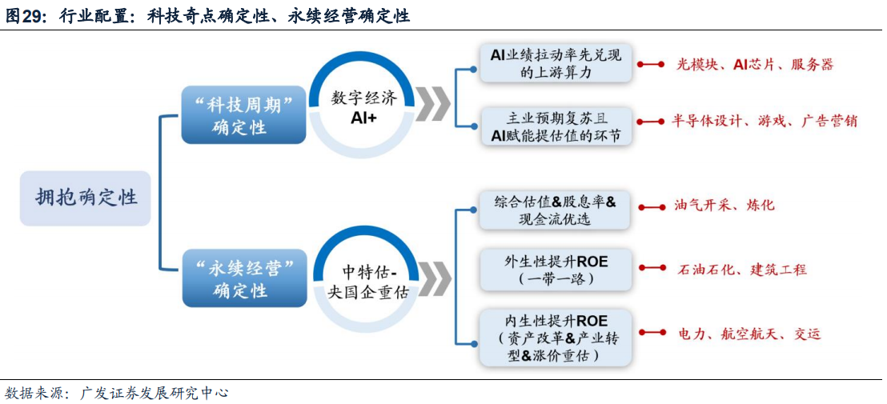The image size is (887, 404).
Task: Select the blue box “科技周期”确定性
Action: click(x=244, y=115)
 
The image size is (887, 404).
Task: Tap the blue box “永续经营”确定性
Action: click(x=244, y=279)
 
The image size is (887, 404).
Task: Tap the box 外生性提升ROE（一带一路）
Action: click(x=555, y=269)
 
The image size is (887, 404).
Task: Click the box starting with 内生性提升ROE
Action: click(x=555, y=338)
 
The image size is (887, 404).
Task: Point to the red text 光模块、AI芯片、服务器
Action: click(x=755, y=65)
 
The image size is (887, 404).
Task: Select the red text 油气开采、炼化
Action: click(x=724, y=205)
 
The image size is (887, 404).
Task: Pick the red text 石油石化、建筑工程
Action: click(x=741, y=269)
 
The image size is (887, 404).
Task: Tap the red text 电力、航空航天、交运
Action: click(x=749, y=334)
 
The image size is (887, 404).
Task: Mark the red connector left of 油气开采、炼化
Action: click(x=651, y=207)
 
